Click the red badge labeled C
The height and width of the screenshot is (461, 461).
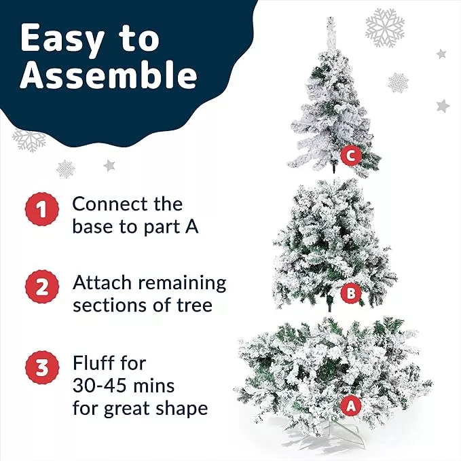[x=351, y=156]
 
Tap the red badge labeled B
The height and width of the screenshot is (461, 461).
[x=351, y=293]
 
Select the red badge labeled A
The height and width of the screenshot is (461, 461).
[x=351, y=406]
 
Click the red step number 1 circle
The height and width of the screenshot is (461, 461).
[x=41, y=209]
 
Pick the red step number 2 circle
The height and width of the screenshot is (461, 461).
[x=41, y=287]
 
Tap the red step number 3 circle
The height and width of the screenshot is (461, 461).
[x=41, y=367]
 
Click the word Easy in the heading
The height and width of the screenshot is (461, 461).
[x=62, y=39]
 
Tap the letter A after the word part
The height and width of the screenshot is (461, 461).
[x=191, y=227]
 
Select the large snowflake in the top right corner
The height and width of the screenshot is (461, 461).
[x=385, y=28]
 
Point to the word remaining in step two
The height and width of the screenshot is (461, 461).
[x=182, y=284]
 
